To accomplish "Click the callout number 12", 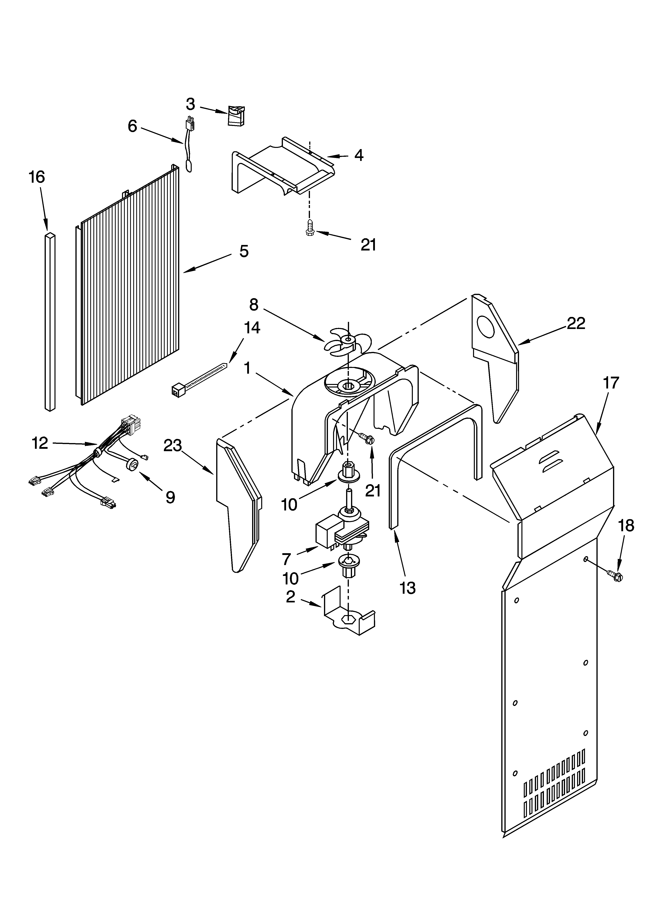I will [40, 443].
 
